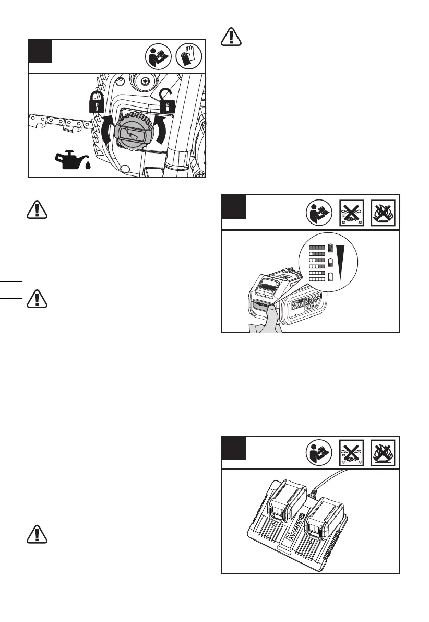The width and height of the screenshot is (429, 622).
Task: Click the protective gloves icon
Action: tap(190, 55)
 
